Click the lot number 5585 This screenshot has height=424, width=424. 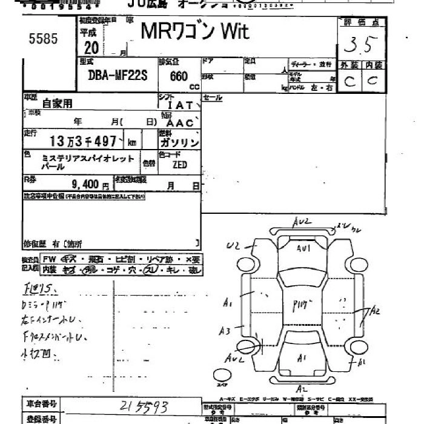pyautogui.click(x=43, y=39)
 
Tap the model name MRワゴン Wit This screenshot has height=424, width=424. pyautogui.click(x=194, y=31)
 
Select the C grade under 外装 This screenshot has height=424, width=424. pyautogui.click(x=349, y=82)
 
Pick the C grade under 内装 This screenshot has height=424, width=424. pyautogui.click(x=373, y=81)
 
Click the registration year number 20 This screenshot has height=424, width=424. pyautogui.click(x=92, y=48)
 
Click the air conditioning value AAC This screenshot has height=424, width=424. pyautogui.click(x=180, y=122)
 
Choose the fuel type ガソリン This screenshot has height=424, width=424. pyautogui.click(x=179, y=143)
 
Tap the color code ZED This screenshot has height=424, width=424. pyautogui.click(x=179, y=164)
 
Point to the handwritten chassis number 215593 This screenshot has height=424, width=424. pyautogui.click(x=144, y=405)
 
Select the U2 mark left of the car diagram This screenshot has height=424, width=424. pyautogui.click(x=234, y=245)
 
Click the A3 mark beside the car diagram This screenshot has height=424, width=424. pyautogui.click(x=225, y=331)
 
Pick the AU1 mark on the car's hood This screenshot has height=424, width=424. pyautogui.click(x=303, y=248)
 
